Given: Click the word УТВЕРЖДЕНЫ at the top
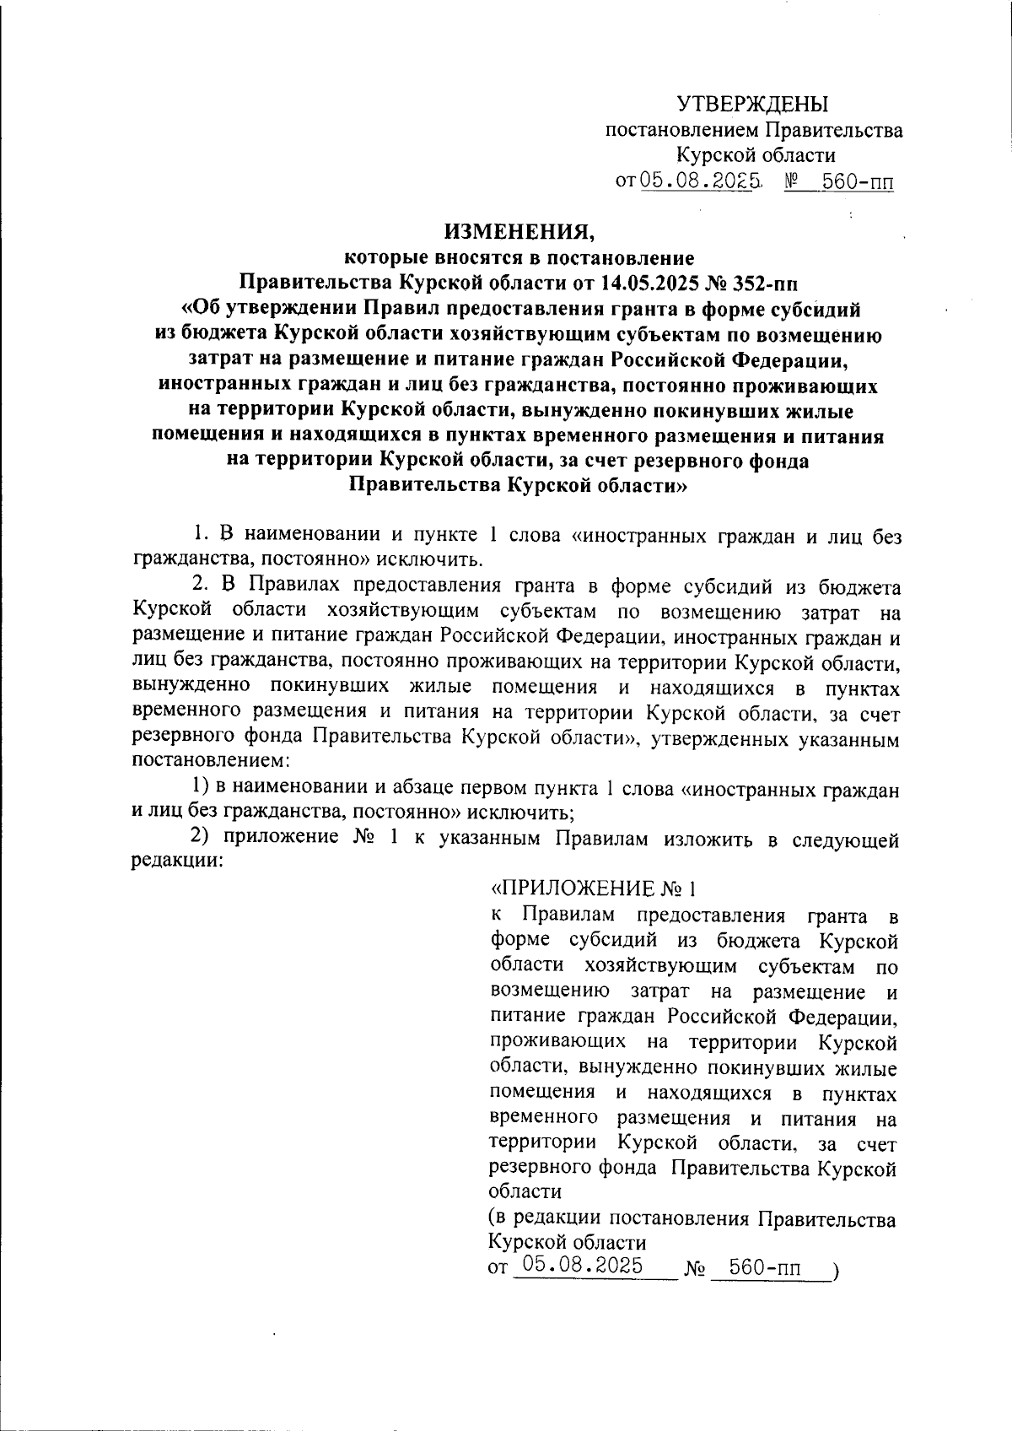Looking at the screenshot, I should click(x=753, y=105).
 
